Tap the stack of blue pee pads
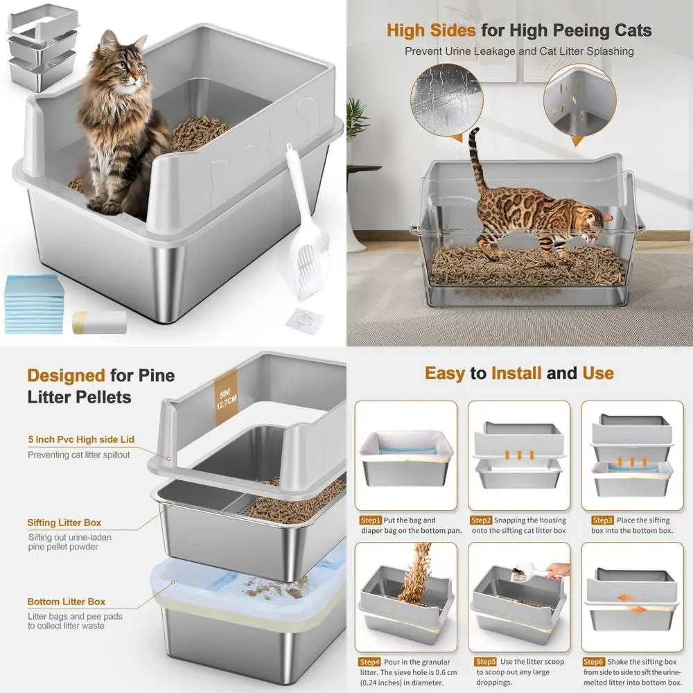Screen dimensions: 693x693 tap(35, 305)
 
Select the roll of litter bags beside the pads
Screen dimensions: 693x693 tap(99, 322)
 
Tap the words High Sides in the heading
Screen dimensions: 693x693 tap(430, 30)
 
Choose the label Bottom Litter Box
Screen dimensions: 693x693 tap(67, 602)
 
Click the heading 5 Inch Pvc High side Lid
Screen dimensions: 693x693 tap(81, 439)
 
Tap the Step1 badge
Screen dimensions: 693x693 tap(371, 520)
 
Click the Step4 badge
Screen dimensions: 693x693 tap(371, 662)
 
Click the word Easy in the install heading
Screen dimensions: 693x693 tap(444, 374)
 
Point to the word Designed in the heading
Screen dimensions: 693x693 tap(66, 376)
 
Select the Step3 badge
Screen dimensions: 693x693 tap(602, 520)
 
